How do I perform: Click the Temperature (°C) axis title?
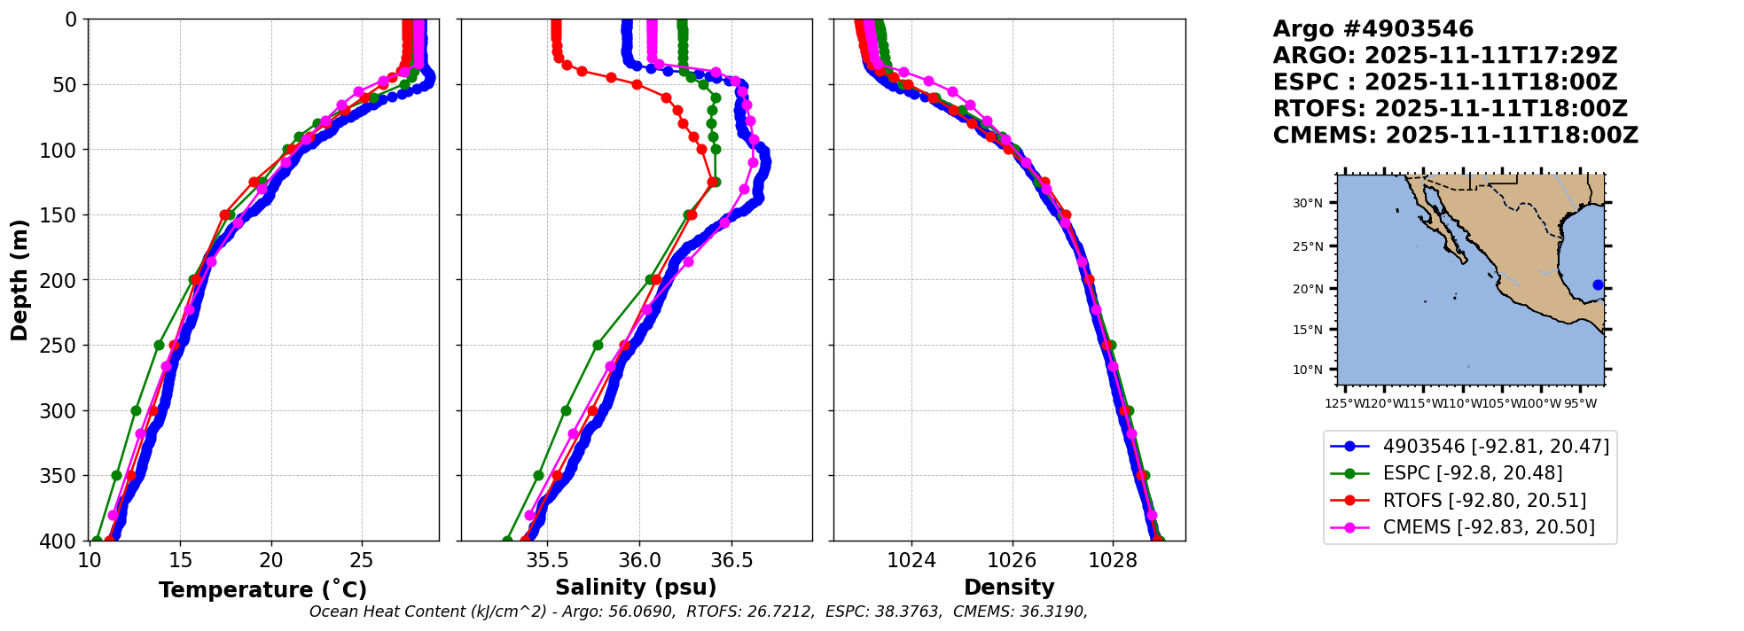[x=262, y=590]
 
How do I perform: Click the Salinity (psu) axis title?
[x=636, y=588]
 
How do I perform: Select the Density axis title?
[x=1009, y=588]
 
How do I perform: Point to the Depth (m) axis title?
[x=20, y=280]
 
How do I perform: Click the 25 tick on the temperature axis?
[x=362, y=560]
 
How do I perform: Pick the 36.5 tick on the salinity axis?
[x=731, y=560]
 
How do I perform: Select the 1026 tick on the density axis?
[x=1012, y=560]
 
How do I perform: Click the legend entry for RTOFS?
[x=1484, y=501]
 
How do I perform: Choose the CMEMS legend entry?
[x=1489, y=527]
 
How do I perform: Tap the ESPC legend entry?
[x=1472, y=473]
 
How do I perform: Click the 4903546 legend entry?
[x=1496, y=447]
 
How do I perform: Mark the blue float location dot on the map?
[x=1598, y=285]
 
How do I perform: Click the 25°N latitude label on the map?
[x=1307, y=246]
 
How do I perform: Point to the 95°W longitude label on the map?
[x=1579, y=404]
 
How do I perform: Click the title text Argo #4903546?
[x=1373, y=29]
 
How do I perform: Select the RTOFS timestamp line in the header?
[x=1450, y=109]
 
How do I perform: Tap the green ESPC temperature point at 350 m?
[x=116, y=476]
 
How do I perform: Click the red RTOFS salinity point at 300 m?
[x=593, y=411]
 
